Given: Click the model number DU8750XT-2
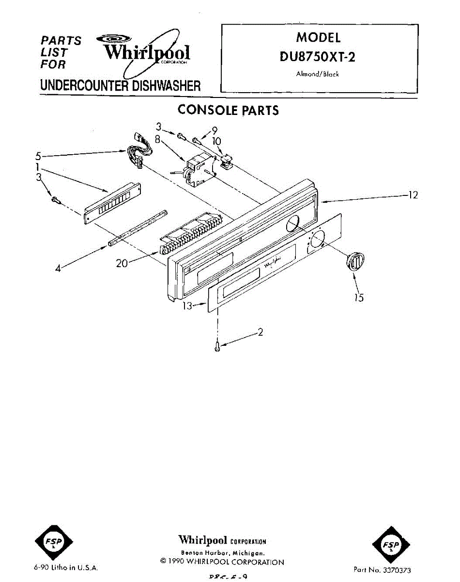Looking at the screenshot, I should [x=318, y=57].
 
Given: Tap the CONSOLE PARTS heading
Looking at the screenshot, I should [x=228, y=110].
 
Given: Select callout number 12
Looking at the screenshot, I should [x=412, y=195].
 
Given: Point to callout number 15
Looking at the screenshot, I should [x=358, y=297].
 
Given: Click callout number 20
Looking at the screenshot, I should [x=122, y=263].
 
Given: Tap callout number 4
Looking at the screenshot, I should [x=58, y=268].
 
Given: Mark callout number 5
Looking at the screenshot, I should [x=38, y=156].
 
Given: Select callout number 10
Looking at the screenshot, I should [x=216, y=141].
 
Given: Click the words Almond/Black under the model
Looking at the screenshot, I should [x=317, y=74].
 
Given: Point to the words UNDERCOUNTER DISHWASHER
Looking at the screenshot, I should [x=120, y=86].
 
